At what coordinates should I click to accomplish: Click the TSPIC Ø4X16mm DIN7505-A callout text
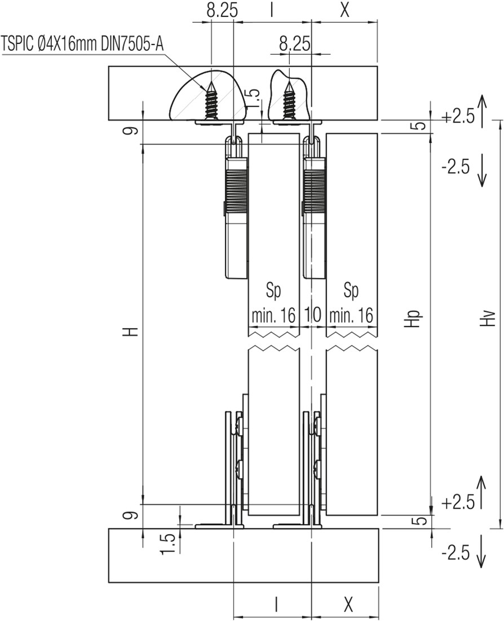[x=82, y=43]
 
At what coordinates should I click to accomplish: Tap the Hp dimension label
[x=413, y=318]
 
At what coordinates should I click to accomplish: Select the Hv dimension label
[x=489, y=318]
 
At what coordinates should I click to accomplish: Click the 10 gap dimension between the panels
[x=312, y=315]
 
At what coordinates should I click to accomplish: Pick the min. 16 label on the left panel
[x=274, y=316]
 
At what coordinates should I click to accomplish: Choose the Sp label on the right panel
[x=351, y=291]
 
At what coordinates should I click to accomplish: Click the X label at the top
[x=344, y=11]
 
